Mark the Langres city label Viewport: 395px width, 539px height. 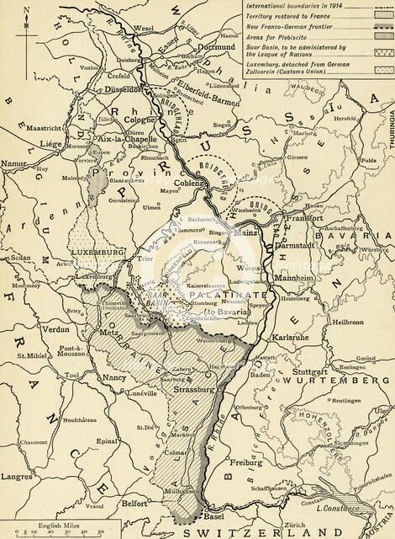pyautogui.click(x=19, y=478)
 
